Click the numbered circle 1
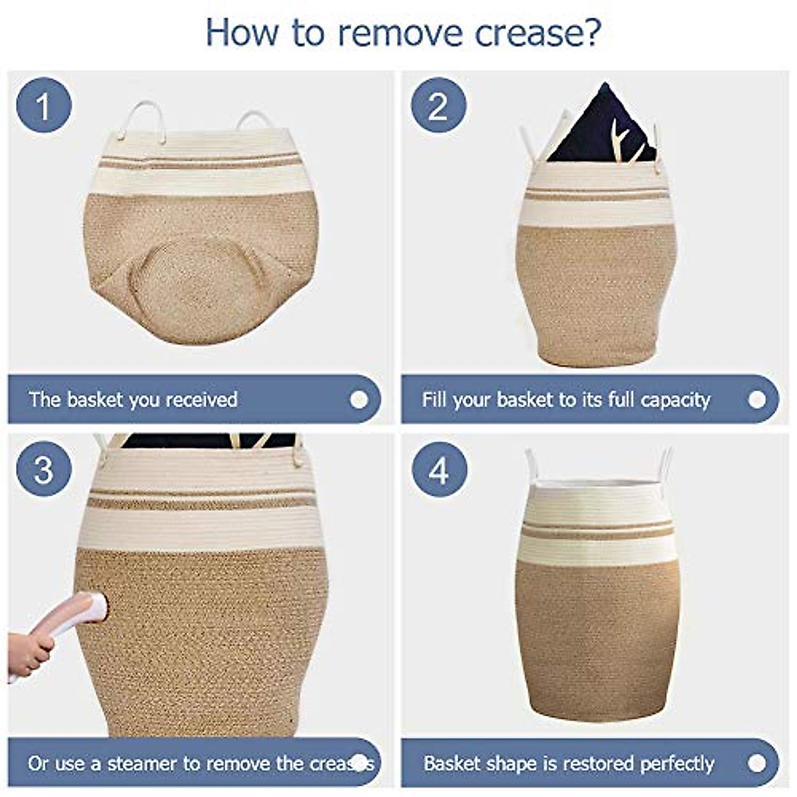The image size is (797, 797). point(44,105)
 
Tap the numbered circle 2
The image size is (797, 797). point(438,105)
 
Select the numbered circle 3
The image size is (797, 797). point(44,469)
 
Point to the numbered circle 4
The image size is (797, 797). point(439,470)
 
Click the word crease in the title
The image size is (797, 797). point(528,34)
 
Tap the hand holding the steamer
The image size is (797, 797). point(30,654)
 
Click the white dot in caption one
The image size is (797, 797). point(359,400)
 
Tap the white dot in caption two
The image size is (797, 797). point(757,400)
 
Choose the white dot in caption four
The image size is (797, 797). point(757,763)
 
